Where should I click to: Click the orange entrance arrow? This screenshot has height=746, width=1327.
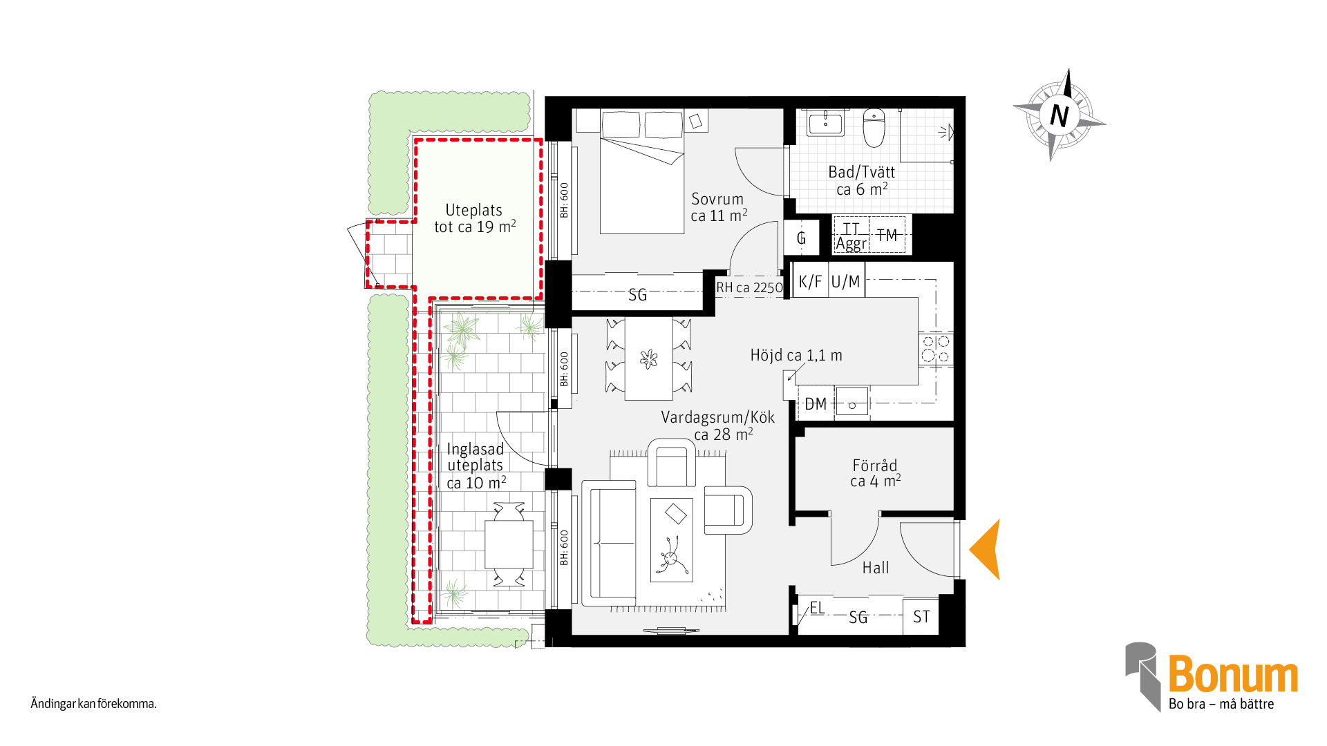click(x=987, y=550)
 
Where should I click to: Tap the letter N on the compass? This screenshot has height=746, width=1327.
click(x=1059, y=115)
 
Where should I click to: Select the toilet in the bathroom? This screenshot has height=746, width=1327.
click(x=874, y=128)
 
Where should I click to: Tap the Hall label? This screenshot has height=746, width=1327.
click(x=876, y=568)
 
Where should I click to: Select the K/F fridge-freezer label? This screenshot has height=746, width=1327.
click(x=810, y=282)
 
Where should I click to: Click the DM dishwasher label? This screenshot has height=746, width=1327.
click(x=816, y=404)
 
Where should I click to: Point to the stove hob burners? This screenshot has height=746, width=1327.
click(x=936, y=349)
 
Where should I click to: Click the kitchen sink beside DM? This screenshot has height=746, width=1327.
click(x=852, y=401)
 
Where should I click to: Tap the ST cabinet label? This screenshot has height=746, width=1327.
click(x=921, y=617)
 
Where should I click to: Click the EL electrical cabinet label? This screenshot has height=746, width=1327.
click(x=817, y=608)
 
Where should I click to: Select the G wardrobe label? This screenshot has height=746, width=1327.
click(x=802, y=238)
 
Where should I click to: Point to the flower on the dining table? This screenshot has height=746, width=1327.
click(x=648, y=359)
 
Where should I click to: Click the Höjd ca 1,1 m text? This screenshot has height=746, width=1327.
click(x=796, y=356)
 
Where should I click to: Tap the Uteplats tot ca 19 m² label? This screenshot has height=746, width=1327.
click(x=475, y=218)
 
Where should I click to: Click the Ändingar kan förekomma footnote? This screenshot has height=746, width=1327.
click(x=93, y=704)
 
